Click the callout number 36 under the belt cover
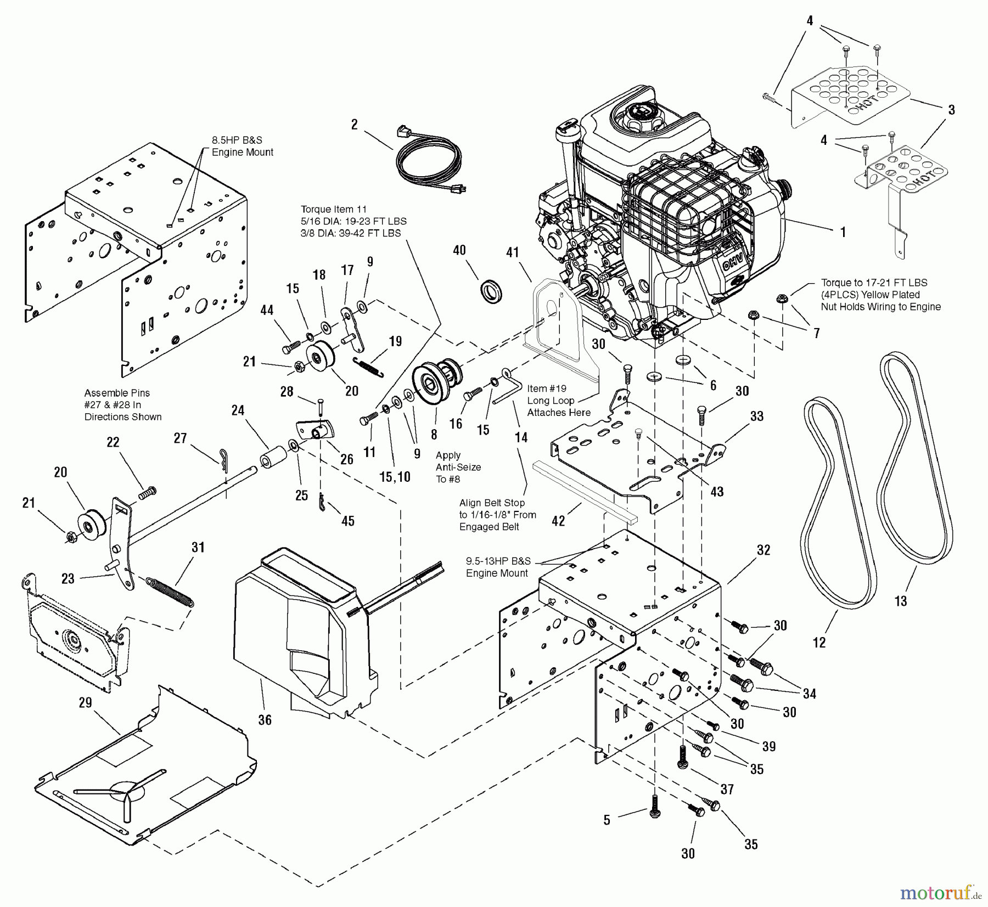pos(265,720)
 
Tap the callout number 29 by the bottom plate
pos(85,703)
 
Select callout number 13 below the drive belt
pos(901,601)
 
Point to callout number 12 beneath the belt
pos(819,643)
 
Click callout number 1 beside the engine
pos(843,232)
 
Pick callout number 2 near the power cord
pos(355,125)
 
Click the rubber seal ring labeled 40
pos(491,290)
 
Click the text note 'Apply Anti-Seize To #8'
pos(458,467)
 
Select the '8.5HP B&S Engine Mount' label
pos(242,147)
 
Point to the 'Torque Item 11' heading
pos(333,209)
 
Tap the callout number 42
pos(558,521)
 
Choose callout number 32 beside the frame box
pos(764,550)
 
